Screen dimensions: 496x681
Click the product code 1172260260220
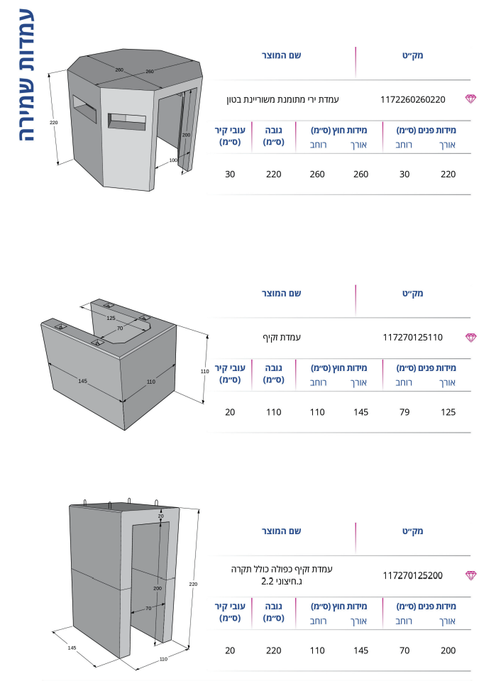412,99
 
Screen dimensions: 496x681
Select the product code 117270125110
412,338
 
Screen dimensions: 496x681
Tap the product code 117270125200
412,575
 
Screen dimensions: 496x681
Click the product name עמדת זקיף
282,338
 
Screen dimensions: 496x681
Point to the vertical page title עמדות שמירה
27,75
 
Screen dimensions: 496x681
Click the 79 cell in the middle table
404,412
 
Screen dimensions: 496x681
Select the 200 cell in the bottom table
448,650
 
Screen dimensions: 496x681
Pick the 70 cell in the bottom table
404,650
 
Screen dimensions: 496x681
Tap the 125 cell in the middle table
448,412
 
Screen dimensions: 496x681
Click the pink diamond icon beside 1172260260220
470,99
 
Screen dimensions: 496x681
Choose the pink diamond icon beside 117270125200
470,575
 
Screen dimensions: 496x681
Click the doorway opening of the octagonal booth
170,131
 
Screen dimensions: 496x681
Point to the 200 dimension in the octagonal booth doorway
186,135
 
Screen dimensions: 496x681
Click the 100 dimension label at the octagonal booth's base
173,160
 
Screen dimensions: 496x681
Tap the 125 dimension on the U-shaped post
111,318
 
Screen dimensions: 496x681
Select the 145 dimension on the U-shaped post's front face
82,381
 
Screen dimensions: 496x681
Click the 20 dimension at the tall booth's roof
160,516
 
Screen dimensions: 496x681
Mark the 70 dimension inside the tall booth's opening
148,609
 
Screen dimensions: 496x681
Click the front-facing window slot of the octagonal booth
127,122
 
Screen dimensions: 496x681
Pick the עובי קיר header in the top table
230,136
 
